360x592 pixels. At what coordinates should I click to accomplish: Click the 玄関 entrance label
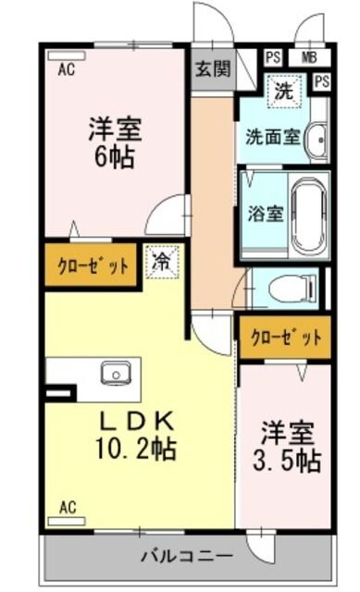213,69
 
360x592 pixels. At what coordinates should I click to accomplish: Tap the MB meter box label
309,57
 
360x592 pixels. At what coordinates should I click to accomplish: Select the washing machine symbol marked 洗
284,91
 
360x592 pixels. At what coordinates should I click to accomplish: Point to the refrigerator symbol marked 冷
163,262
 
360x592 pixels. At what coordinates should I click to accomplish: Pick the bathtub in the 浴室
309,216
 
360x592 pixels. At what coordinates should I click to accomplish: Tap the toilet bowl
292,289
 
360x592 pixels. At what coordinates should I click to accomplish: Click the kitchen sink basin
116,374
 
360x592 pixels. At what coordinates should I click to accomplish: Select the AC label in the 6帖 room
67,69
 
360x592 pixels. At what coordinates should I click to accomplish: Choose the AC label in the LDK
68,507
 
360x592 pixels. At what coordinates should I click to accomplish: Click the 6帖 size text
115,157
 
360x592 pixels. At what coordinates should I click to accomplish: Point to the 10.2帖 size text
136,448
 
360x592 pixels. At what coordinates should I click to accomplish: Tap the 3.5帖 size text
287,461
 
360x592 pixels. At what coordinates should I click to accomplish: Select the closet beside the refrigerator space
91,265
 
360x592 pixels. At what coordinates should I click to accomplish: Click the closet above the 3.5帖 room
286,337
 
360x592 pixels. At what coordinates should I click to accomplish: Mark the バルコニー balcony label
188,556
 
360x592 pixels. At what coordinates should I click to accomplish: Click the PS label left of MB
273,57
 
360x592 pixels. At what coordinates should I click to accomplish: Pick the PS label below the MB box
322,82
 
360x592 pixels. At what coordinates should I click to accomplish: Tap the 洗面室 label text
273,137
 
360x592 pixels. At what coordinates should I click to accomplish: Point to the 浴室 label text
266,214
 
